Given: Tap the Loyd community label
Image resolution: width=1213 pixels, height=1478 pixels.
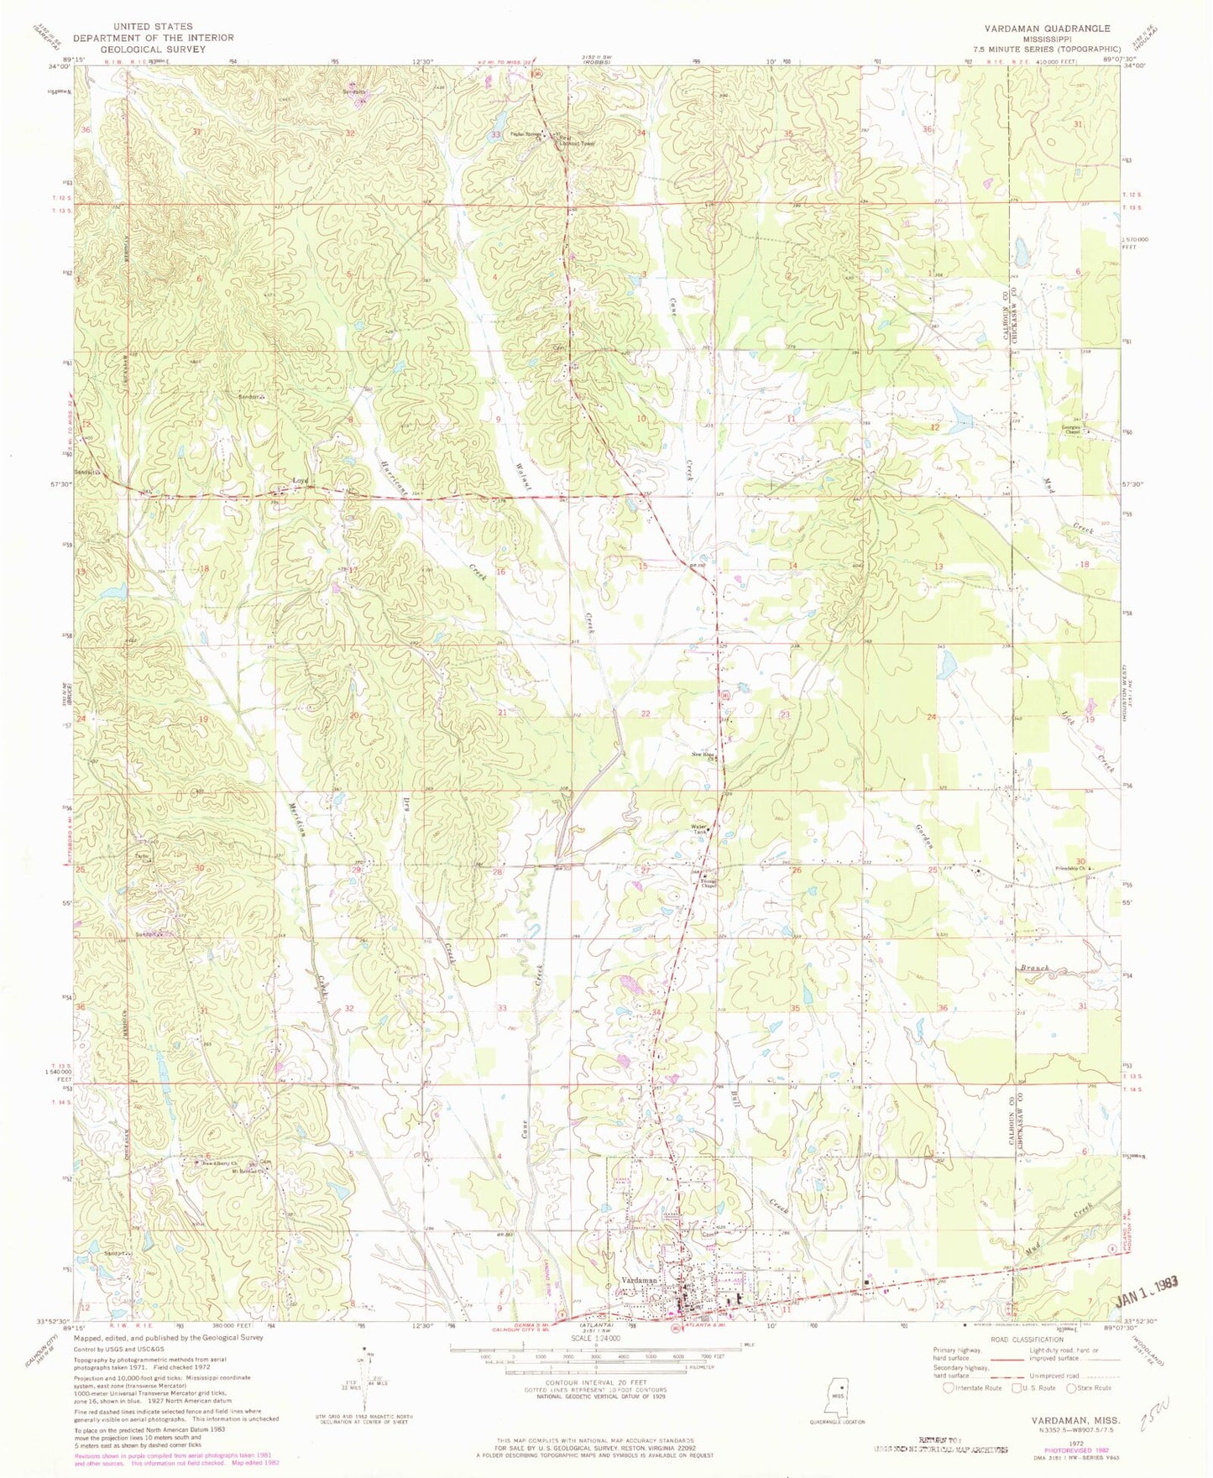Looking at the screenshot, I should pyautogui.click(x=300, y=481).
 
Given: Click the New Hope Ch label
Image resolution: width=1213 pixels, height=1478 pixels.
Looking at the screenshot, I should pyautogui.click(x=703, y=754).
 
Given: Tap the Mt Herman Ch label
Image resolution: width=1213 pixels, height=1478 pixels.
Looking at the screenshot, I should pyautogui.click(x=256, y=1172).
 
